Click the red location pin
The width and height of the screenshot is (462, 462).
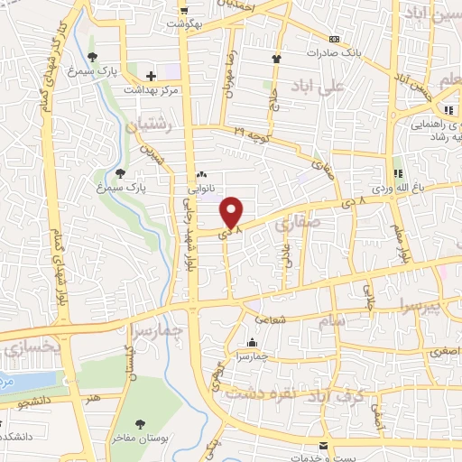tap(233, 212)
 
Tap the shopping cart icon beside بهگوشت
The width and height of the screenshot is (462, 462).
tap(184, 11)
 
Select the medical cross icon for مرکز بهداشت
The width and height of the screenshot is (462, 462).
tap(152, 76)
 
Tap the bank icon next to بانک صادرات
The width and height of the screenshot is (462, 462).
tap(334, 39)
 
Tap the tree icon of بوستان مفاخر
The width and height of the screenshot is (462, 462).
tap(139, 422)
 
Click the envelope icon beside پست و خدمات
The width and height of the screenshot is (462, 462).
tap(323, 446)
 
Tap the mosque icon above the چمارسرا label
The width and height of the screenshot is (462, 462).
tap(250, 343)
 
